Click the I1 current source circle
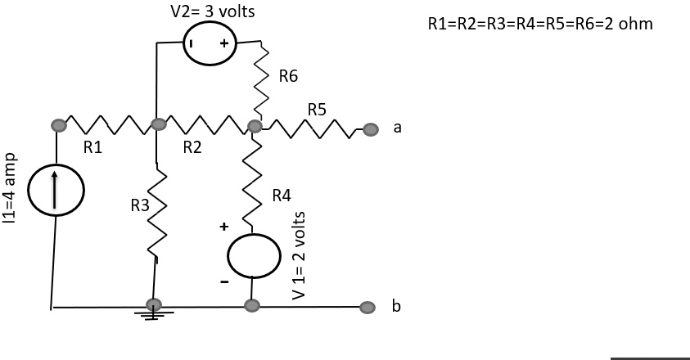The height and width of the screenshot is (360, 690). click(x=56, y=190)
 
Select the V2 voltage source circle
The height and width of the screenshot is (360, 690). click(x=209, y=43)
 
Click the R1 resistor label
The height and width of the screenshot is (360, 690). click(x=92, y=148)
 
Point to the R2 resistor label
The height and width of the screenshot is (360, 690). click(x=192, y=148)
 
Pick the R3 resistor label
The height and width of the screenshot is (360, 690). click(x=141, y=207)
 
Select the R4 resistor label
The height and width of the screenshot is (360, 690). click(x=282, y=195)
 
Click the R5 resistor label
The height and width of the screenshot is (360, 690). click(x=317, y=109)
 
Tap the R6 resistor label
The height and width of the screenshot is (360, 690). click(x=288, y=77)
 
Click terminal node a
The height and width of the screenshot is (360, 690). click(x=371, y=128)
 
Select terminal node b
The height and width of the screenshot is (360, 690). click(x=370, y=307)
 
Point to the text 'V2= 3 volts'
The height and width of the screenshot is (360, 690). click(x=212, y=12)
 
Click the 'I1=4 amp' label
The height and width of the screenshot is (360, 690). click(x=9, y=187)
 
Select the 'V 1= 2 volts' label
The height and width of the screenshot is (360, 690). click(x=299, y=254)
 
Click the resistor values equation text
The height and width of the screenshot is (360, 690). click(x=540, y=24)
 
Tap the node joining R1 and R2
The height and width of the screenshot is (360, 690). click(x=158, y=125)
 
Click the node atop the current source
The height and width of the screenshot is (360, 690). click(x=58, y=125)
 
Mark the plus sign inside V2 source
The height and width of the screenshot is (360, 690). click(x=223, y=43)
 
